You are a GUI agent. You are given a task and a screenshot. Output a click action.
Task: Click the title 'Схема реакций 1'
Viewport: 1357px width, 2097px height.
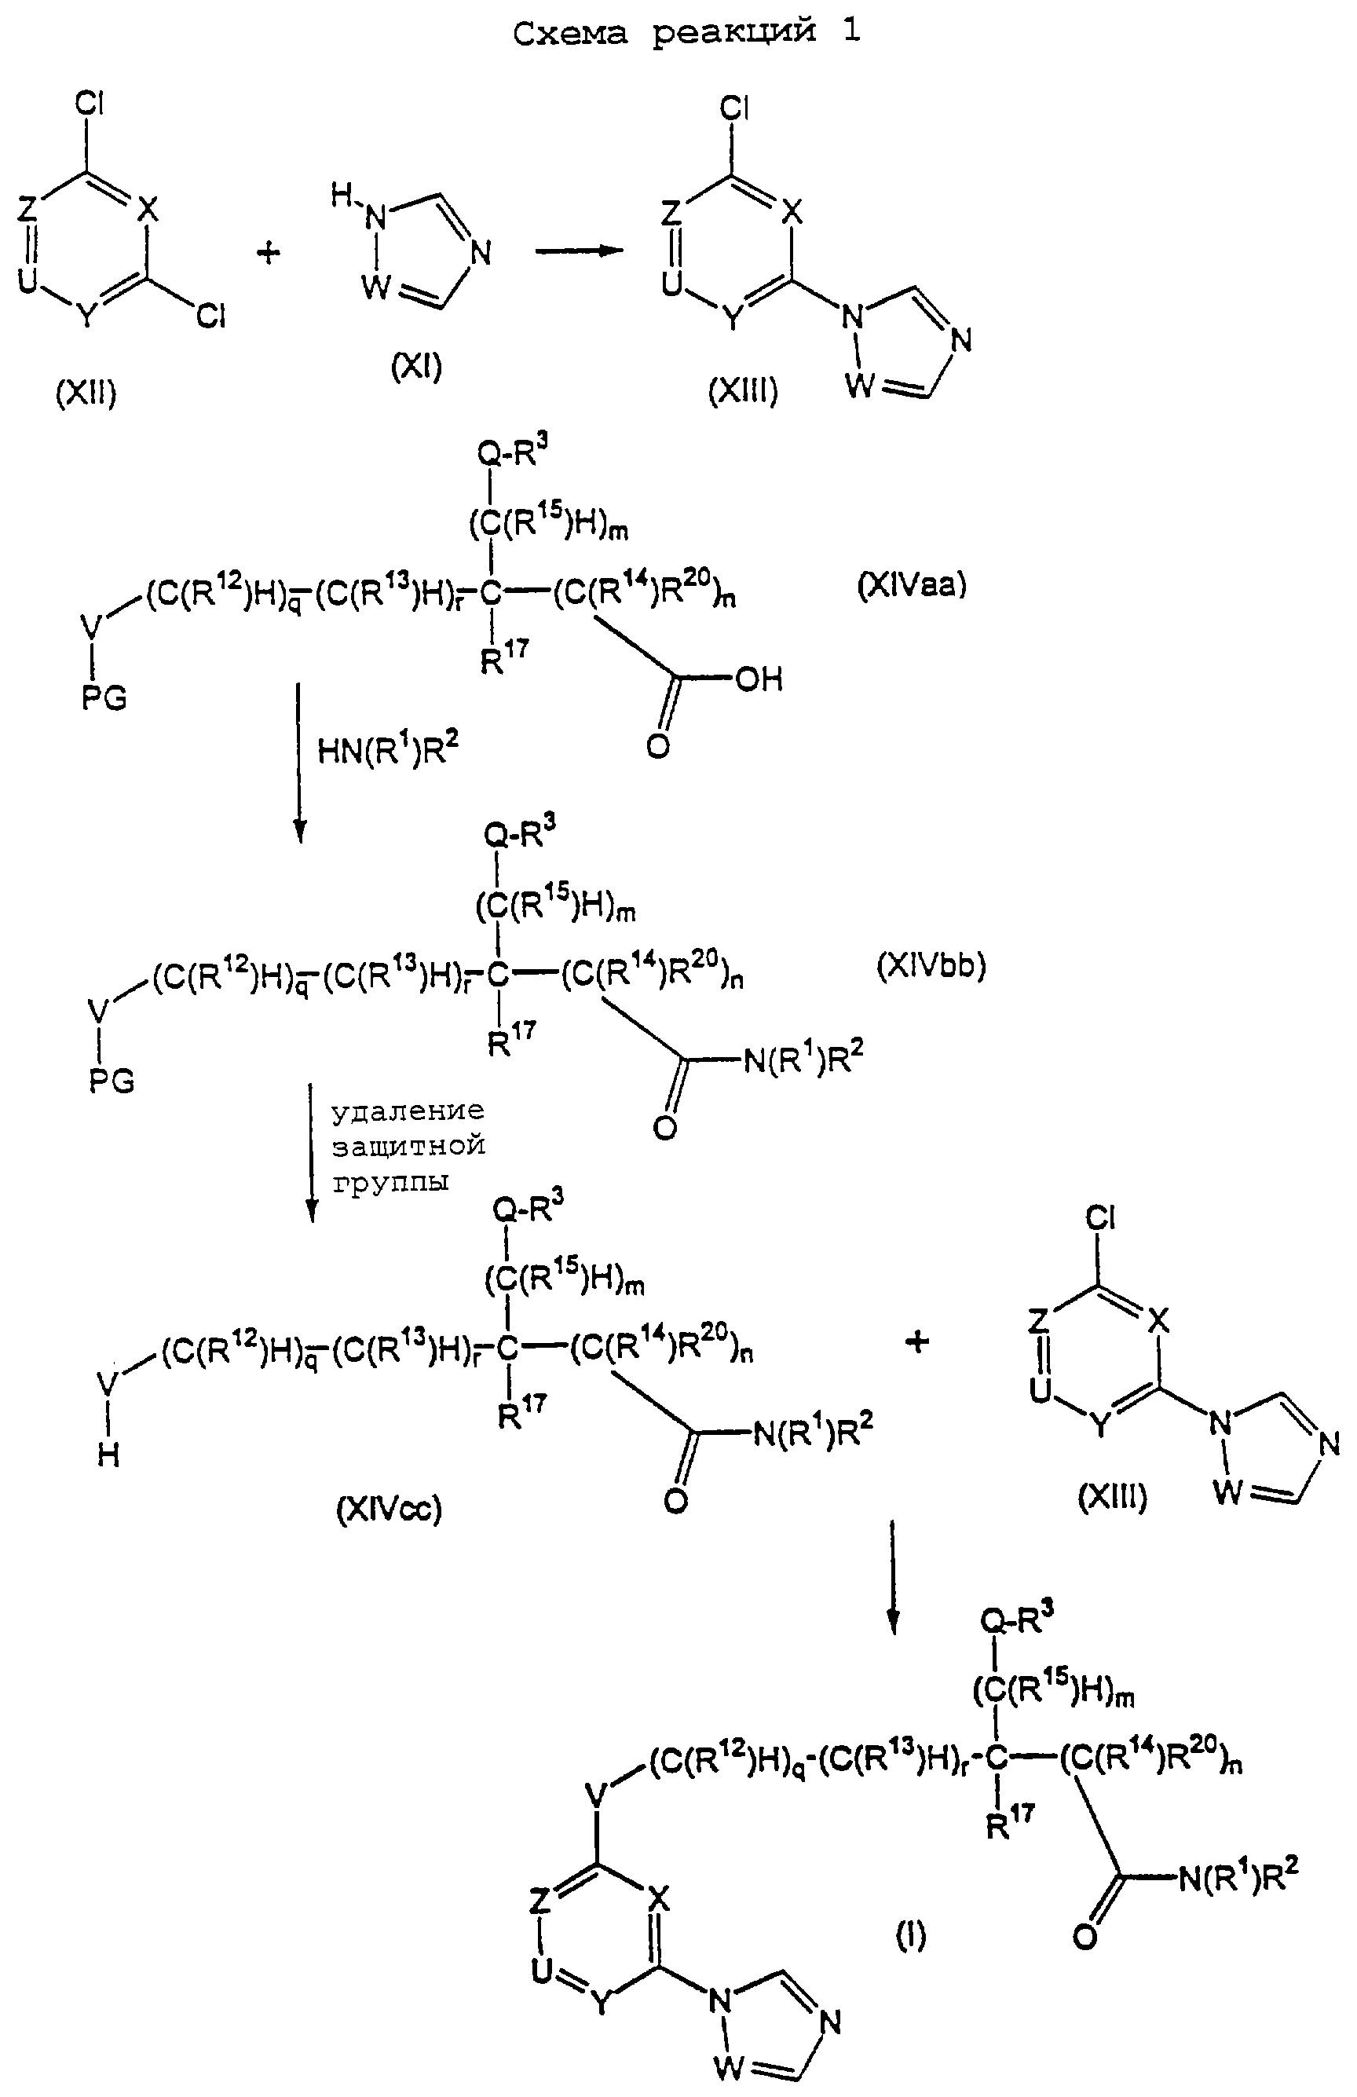point(686,33)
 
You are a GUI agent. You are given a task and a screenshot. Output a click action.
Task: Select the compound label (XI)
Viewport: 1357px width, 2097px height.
point(416,364)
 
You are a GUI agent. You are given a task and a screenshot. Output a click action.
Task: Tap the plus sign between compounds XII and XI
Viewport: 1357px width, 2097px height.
point(269,254)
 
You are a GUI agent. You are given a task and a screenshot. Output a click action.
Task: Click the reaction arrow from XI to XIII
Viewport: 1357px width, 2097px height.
point(579,251)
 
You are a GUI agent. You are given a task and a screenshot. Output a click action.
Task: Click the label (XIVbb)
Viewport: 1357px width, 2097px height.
point(931,967)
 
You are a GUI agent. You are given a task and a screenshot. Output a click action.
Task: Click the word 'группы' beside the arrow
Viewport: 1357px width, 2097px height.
point(390,1183)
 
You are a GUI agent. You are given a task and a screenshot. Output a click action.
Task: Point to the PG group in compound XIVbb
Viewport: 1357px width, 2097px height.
point(112,1080)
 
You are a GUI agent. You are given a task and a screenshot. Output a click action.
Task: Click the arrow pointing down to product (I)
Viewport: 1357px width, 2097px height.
point(894,1577)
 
